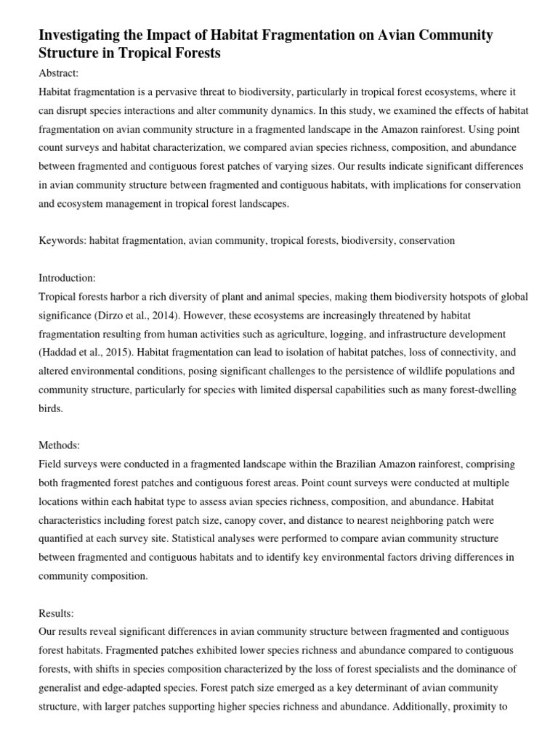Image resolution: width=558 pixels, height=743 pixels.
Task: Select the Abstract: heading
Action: coord(60,73)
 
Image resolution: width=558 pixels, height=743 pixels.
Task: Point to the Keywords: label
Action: coord(62,240)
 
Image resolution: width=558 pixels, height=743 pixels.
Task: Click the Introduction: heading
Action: coord(68,278)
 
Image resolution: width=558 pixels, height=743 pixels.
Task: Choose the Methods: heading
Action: coord(60,445)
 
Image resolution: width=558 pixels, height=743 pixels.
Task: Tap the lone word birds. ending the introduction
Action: coord(51,409)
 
